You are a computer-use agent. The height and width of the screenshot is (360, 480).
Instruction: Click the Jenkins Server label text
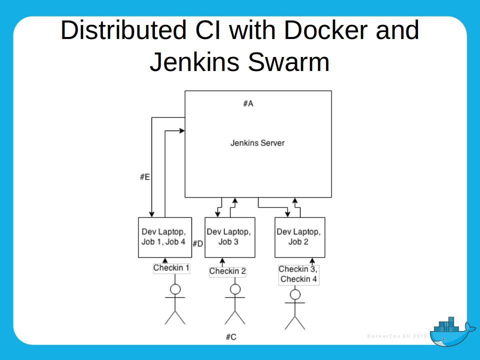pyautogui.click(x=257, y=143)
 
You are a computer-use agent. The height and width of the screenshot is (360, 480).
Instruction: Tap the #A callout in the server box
pyautogui.click(x=248, y=103)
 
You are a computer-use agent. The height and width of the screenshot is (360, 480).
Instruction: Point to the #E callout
pyautogui.click(x=145, y=177)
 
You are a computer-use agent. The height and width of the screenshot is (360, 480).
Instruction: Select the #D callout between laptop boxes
pyautogui.click(x=197, y=244)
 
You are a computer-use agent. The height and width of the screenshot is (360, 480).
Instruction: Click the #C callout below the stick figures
pyautogui.click(x=230, y=337)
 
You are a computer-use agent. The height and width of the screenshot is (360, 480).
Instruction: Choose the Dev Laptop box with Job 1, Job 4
pyautogui.click(x=164, y=237)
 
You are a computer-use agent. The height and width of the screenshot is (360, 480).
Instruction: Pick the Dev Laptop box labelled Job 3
pyautogui.click(x=229, y=237)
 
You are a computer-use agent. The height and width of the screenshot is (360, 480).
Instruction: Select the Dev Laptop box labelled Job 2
pyautogui.click(x=299, y=237)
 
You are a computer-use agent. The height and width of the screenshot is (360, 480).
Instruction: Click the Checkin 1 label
pyautogui.click(x=171, y=268)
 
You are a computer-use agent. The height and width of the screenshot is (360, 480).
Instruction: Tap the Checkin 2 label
pyautogui.click(x=227, y=271)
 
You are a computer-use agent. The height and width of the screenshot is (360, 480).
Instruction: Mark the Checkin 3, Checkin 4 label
pyautogui.click(x=298, y=274)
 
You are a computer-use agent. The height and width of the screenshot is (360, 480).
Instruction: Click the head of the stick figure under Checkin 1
pyautogui.click(x=175, y=289)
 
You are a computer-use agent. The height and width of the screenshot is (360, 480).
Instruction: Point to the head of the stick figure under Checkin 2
pyautogui.click(x=235, y=289)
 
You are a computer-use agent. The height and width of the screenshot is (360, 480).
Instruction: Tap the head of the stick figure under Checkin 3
pyautogui.click(x=295, y=294)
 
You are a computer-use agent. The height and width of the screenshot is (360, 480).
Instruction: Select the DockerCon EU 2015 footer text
pyautogui.click(x=396, y=336)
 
